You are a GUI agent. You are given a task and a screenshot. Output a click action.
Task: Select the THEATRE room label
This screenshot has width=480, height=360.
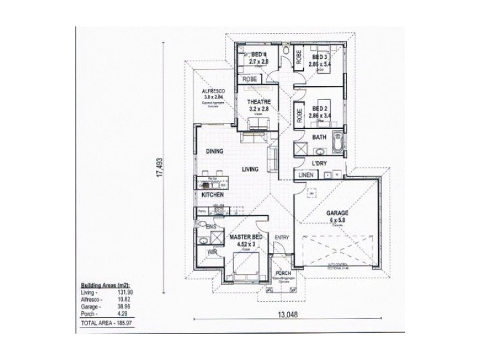click(259, 102)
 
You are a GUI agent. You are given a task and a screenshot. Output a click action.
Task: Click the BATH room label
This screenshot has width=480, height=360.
click(319, 137)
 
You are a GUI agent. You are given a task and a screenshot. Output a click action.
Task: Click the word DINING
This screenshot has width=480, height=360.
click(214, 152)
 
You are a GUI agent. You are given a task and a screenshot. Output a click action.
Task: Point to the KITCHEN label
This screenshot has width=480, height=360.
click(212, 196)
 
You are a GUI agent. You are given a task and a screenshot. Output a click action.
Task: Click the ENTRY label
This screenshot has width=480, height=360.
click(281, 238)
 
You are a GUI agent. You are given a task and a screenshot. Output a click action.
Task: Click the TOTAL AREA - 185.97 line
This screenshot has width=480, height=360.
click(107, 324)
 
